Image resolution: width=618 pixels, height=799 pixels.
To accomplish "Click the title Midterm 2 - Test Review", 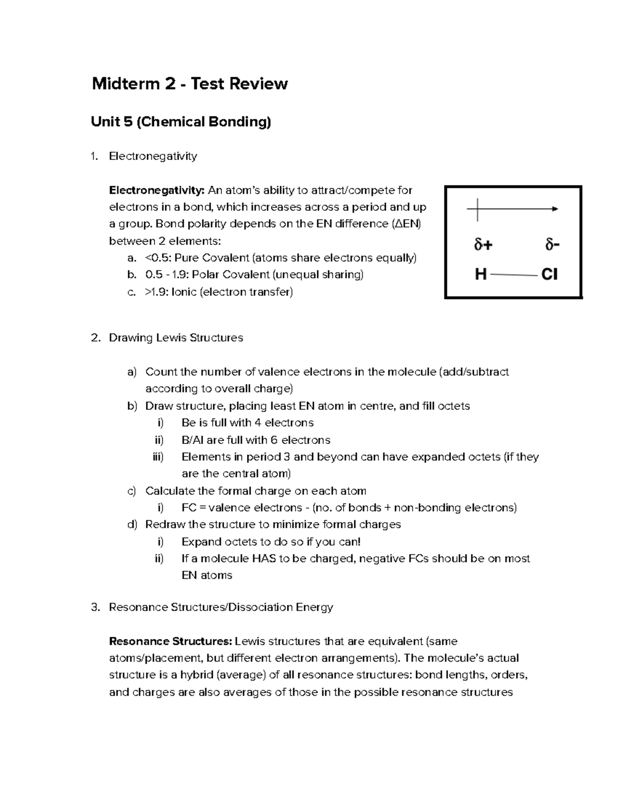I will tap(190, 83).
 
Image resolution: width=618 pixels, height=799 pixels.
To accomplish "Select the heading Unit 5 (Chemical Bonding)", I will tap(181, 122).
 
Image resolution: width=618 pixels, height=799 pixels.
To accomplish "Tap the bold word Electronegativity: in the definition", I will tap(157, 190).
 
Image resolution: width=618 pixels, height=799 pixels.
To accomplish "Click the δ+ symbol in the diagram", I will tap(483, 245).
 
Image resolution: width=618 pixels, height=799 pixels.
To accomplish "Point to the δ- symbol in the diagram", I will tap(552, 245).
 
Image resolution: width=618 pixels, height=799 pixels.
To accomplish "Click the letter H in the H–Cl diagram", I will tap(480, 275).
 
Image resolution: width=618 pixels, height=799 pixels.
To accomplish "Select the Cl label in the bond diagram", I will tap(550, 275).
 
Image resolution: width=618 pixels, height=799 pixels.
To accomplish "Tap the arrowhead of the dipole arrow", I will tap(555, 209).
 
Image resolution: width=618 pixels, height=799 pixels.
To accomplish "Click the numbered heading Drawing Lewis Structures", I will tap(176, 338).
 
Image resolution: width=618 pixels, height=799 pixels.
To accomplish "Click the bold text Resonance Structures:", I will tap(170, 642).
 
